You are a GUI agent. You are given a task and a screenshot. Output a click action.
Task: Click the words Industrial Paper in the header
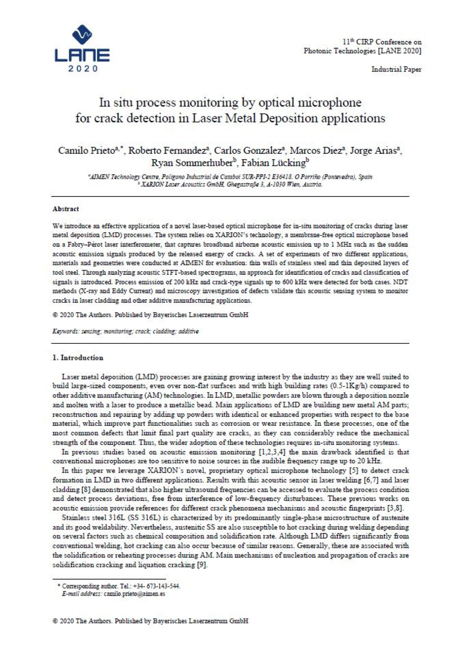396,69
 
